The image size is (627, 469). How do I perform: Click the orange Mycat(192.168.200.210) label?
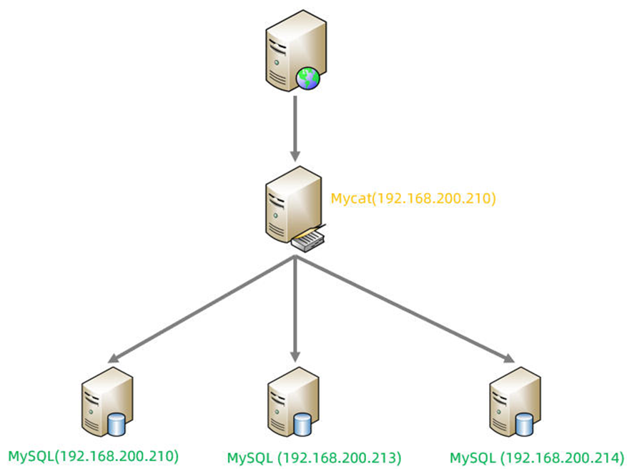coord(413,198)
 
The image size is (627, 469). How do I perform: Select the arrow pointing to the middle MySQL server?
coord(295,307)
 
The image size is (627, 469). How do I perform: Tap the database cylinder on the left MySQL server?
coord(115,426)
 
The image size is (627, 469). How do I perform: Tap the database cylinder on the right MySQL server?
coord(524,425)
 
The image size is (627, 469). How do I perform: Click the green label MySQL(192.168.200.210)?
coord(93,455)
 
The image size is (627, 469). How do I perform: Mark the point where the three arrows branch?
coord(295,259)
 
